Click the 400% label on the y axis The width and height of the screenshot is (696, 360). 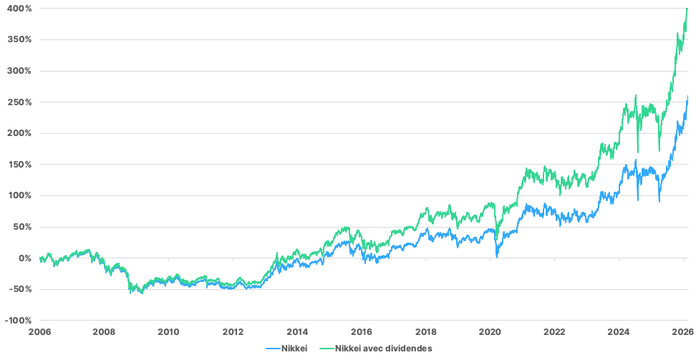click(19, 8)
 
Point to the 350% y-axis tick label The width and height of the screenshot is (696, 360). click(19, 39)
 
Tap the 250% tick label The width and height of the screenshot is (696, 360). click(19, 102)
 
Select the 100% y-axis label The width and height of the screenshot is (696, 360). click(19, 196)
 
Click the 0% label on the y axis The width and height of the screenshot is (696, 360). click(24, 258)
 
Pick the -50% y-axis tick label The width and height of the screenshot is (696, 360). click(19, 289)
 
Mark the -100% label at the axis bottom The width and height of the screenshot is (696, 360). click(17, 321)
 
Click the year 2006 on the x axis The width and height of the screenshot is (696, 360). click(40, 332)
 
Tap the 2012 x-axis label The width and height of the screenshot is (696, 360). click(233, 332)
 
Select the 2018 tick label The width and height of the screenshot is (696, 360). click(426, 332)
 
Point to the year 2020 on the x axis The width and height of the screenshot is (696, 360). click(490, 332)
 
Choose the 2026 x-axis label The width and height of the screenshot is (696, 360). click(683, 332)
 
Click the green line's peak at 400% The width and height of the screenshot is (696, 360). click(687, 9)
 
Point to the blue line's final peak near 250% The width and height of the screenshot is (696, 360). click(688, 96)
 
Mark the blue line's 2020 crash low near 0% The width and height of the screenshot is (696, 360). click(497, 257)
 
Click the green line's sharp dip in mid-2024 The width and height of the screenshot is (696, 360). click(638, 152)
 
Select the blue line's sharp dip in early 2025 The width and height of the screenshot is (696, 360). click(659, 202)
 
